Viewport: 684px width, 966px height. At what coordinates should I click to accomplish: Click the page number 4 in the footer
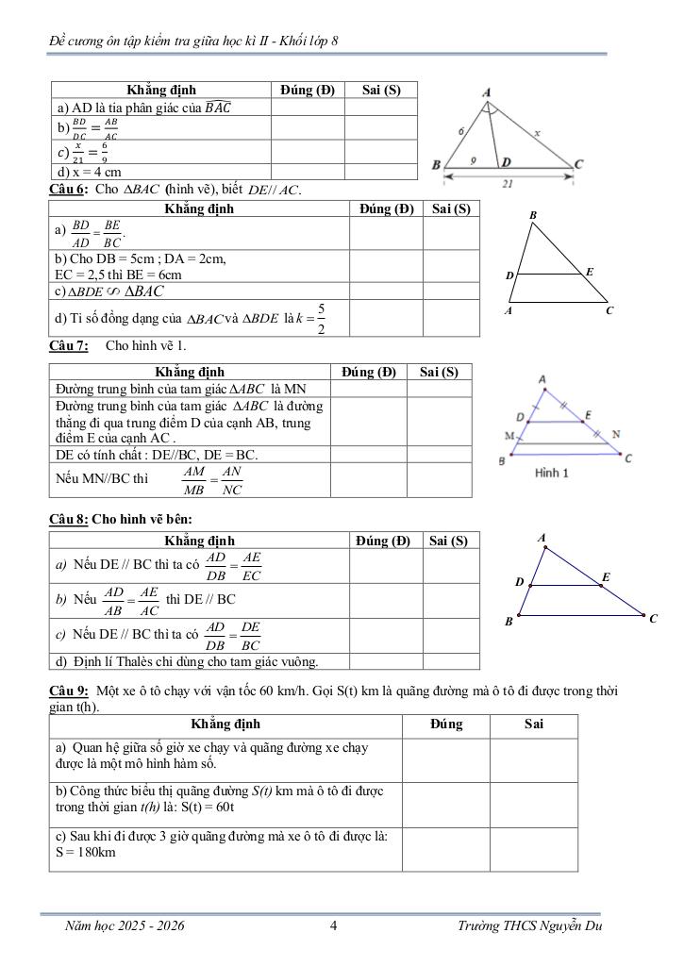click(334, 925)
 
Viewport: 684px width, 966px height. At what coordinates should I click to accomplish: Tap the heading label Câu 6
click(68, 190)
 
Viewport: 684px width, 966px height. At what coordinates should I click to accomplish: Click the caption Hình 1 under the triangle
click(551, 474)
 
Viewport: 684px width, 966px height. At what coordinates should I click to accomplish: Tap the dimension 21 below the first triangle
click(507, 185)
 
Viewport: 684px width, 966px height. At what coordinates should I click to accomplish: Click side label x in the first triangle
click(537, 134)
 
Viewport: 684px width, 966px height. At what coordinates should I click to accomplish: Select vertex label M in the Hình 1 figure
click(509, 436)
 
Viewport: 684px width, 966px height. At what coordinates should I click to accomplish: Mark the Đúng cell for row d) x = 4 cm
click(308, 172)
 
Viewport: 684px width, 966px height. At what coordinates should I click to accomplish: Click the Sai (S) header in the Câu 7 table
click(439, 372)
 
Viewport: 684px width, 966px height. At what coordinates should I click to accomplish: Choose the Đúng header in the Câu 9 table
click(445, 724)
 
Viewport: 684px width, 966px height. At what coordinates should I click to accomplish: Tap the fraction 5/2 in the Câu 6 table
click(322, 318)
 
